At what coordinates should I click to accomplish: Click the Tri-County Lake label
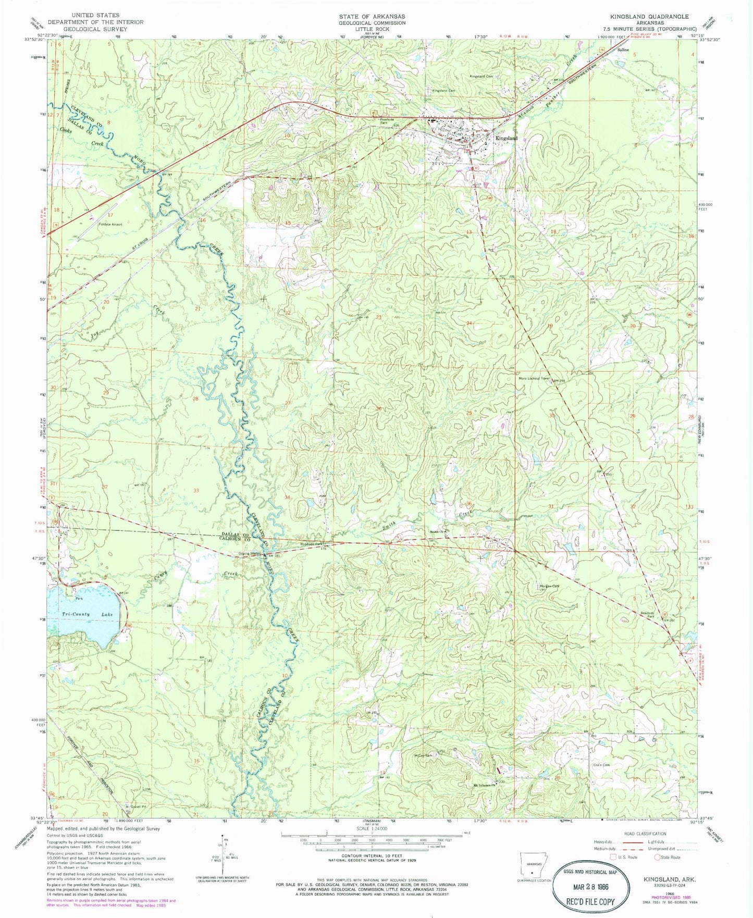(x=88, y=615)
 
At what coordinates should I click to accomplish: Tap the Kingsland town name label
(x=507, y=138)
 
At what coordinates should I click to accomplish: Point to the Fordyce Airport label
(x=110, y=225)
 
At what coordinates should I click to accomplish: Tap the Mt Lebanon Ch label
(x=483, y=786)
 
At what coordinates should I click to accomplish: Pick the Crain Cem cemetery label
(x=601, y=765)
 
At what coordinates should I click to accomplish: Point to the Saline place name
(x=623, y=50)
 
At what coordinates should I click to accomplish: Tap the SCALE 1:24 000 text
(x=371, y=828)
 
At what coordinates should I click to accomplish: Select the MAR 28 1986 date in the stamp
(x=590, y=887)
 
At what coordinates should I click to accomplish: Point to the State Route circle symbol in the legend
(x=659, y=857)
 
